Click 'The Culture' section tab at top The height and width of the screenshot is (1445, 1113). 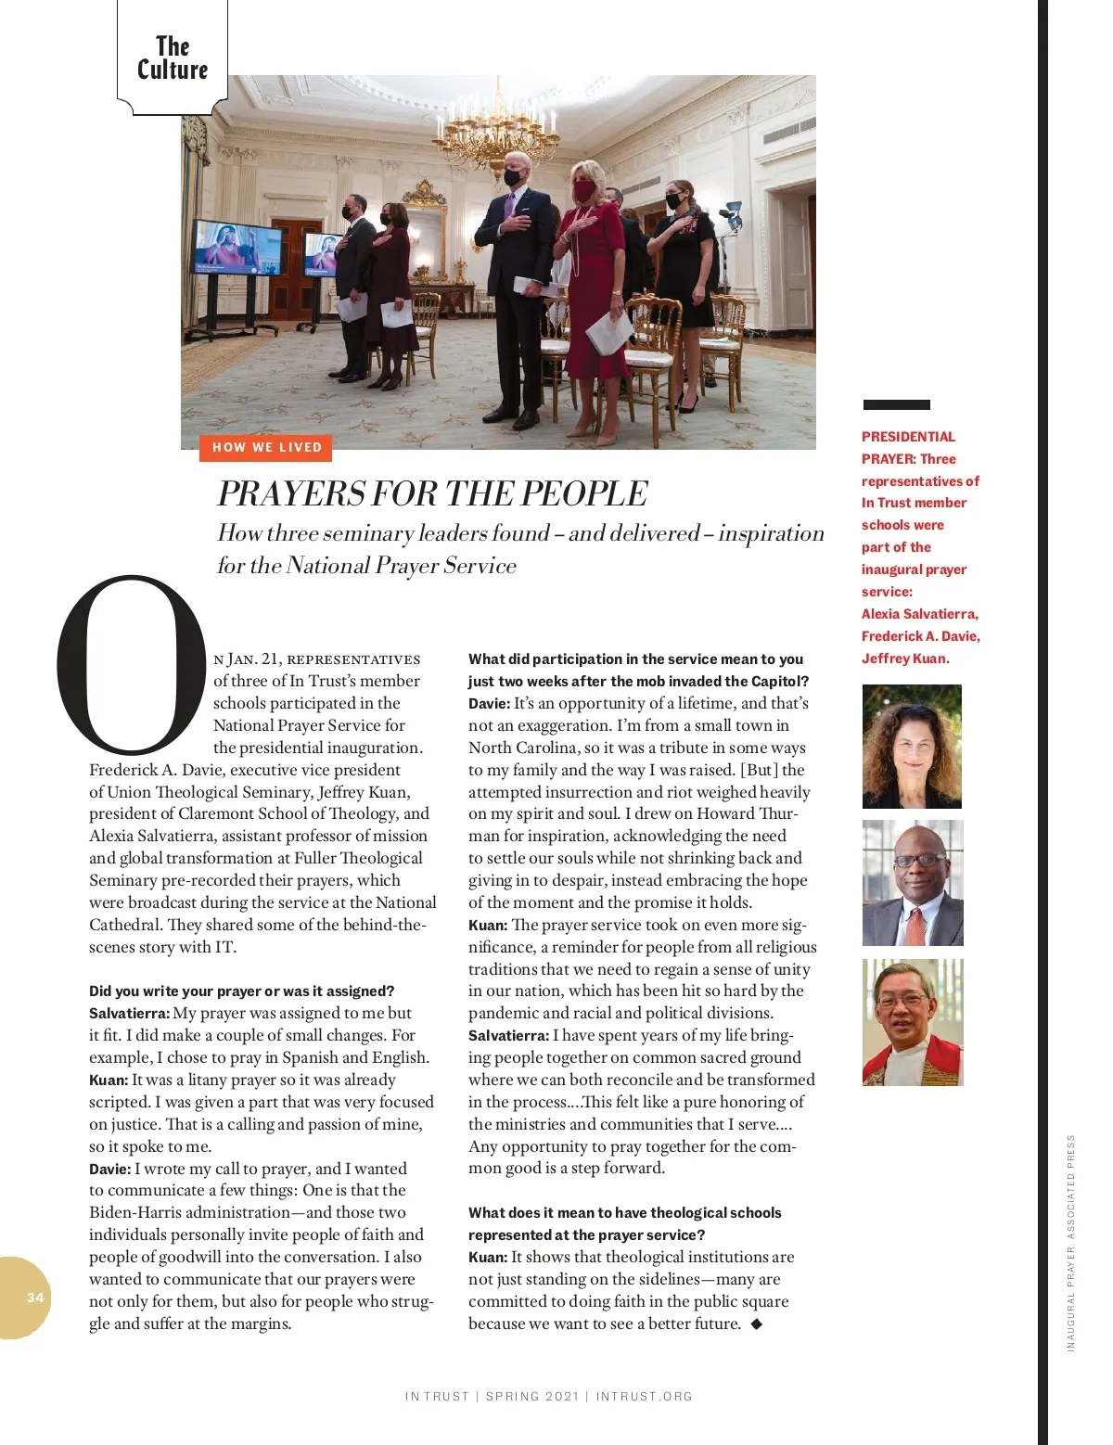click(x=173, y=58)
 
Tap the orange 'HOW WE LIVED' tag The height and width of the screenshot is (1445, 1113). click(x=266, y=447)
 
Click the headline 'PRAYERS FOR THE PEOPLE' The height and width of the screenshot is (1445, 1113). click(x=432, y=493)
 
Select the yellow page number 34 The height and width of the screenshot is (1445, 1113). click(x=35, y=1298)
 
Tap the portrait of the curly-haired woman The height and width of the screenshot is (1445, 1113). click(x=912, y=747)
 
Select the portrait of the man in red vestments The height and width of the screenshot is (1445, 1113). click(x=913, y=1022)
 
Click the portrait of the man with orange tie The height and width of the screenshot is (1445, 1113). click(x=913, y=883)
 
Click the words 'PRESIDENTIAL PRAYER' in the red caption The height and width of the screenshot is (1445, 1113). click(x=908, y=447)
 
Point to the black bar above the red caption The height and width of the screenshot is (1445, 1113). click(x=896, y=404)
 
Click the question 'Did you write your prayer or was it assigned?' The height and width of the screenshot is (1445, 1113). click(x=242, y=991)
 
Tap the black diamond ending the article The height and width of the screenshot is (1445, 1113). click(x=757, y=1324)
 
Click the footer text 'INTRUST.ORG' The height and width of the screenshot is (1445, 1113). click(x=644, y=1396)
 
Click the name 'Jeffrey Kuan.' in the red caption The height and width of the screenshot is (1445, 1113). click(x=905, y=659)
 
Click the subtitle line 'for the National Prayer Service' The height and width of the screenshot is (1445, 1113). click(x=366, y=566)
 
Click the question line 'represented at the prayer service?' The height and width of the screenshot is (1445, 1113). click(x=586, y=1234)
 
